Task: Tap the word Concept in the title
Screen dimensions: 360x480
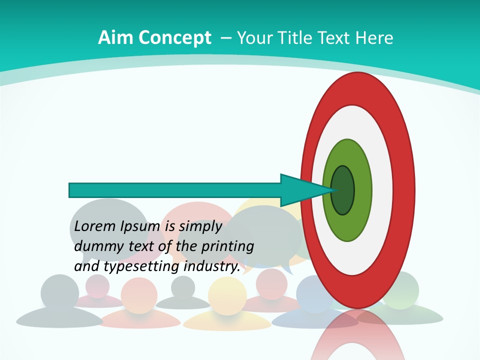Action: (175, 37)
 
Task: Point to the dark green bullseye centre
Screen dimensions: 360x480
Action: (342, 190)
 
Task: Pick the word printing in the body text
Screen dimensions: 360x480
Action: (227, 246)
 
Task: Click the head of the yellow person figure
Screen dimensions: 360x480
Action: (227, 292)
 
